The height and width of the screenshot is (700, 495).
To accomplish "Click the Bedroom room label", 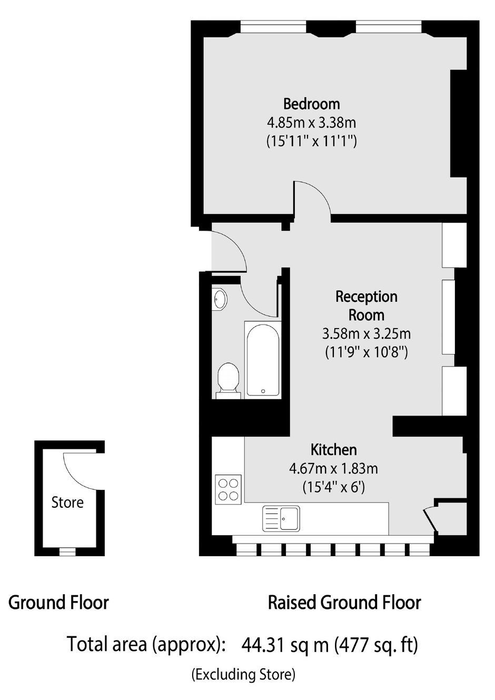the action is [311, 104].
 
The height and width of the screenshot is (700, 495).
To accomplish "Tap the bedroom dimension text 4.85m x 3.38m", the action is [311, 123].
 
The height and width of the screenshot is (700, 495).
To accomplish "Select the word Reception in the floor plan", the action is [367, 297].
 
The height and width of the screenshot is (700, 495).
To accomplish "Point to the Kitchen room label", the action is [333, 450].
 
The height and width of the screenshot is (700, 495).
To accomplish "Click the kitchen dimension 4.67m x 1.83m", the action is [333, 468].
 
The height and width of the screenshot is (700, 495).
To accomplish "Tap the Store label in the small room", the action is [67, 502].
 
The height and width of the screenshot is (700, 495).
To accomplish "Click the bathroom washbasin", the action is [220, 299].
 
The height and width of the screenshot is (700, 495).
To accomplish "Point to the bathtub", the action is [262, 360].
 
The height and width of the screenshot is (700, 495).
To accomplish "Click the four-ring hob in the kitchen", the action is [228, 490].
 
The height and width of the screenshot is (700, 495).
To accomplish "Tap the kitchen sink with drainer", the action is [281, 519].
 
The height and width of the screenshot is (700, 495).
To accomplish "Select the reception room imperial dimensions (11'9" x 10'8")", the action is [367, 353].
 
